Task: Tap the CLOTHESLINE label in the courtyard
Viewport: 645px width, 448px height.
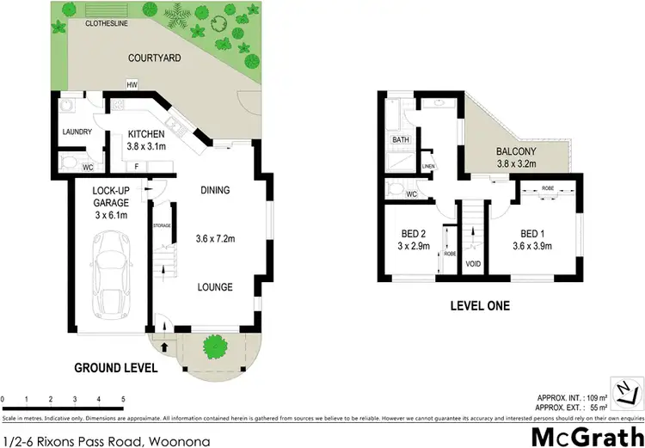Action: coord(106,23)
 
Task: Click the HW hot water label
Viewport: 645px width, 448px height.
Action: coord(132,85)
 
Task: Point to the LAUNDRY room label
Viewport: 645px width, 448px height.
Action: coord(77,132)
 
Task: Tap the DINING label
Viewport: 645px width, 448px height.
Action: coord(214,190)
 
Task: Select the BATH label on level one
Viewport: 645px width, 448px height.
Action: coord(400,139)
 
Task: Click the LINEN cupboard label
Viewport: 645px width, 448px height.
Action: coord(427,167)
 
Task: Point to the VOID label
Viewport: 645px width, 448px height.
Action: coord(473,263)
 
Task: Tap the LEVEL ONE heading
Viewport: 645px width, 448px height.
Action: coord(480,305)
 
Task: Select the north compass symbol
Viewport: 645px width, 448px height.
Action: coord(625,389)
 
